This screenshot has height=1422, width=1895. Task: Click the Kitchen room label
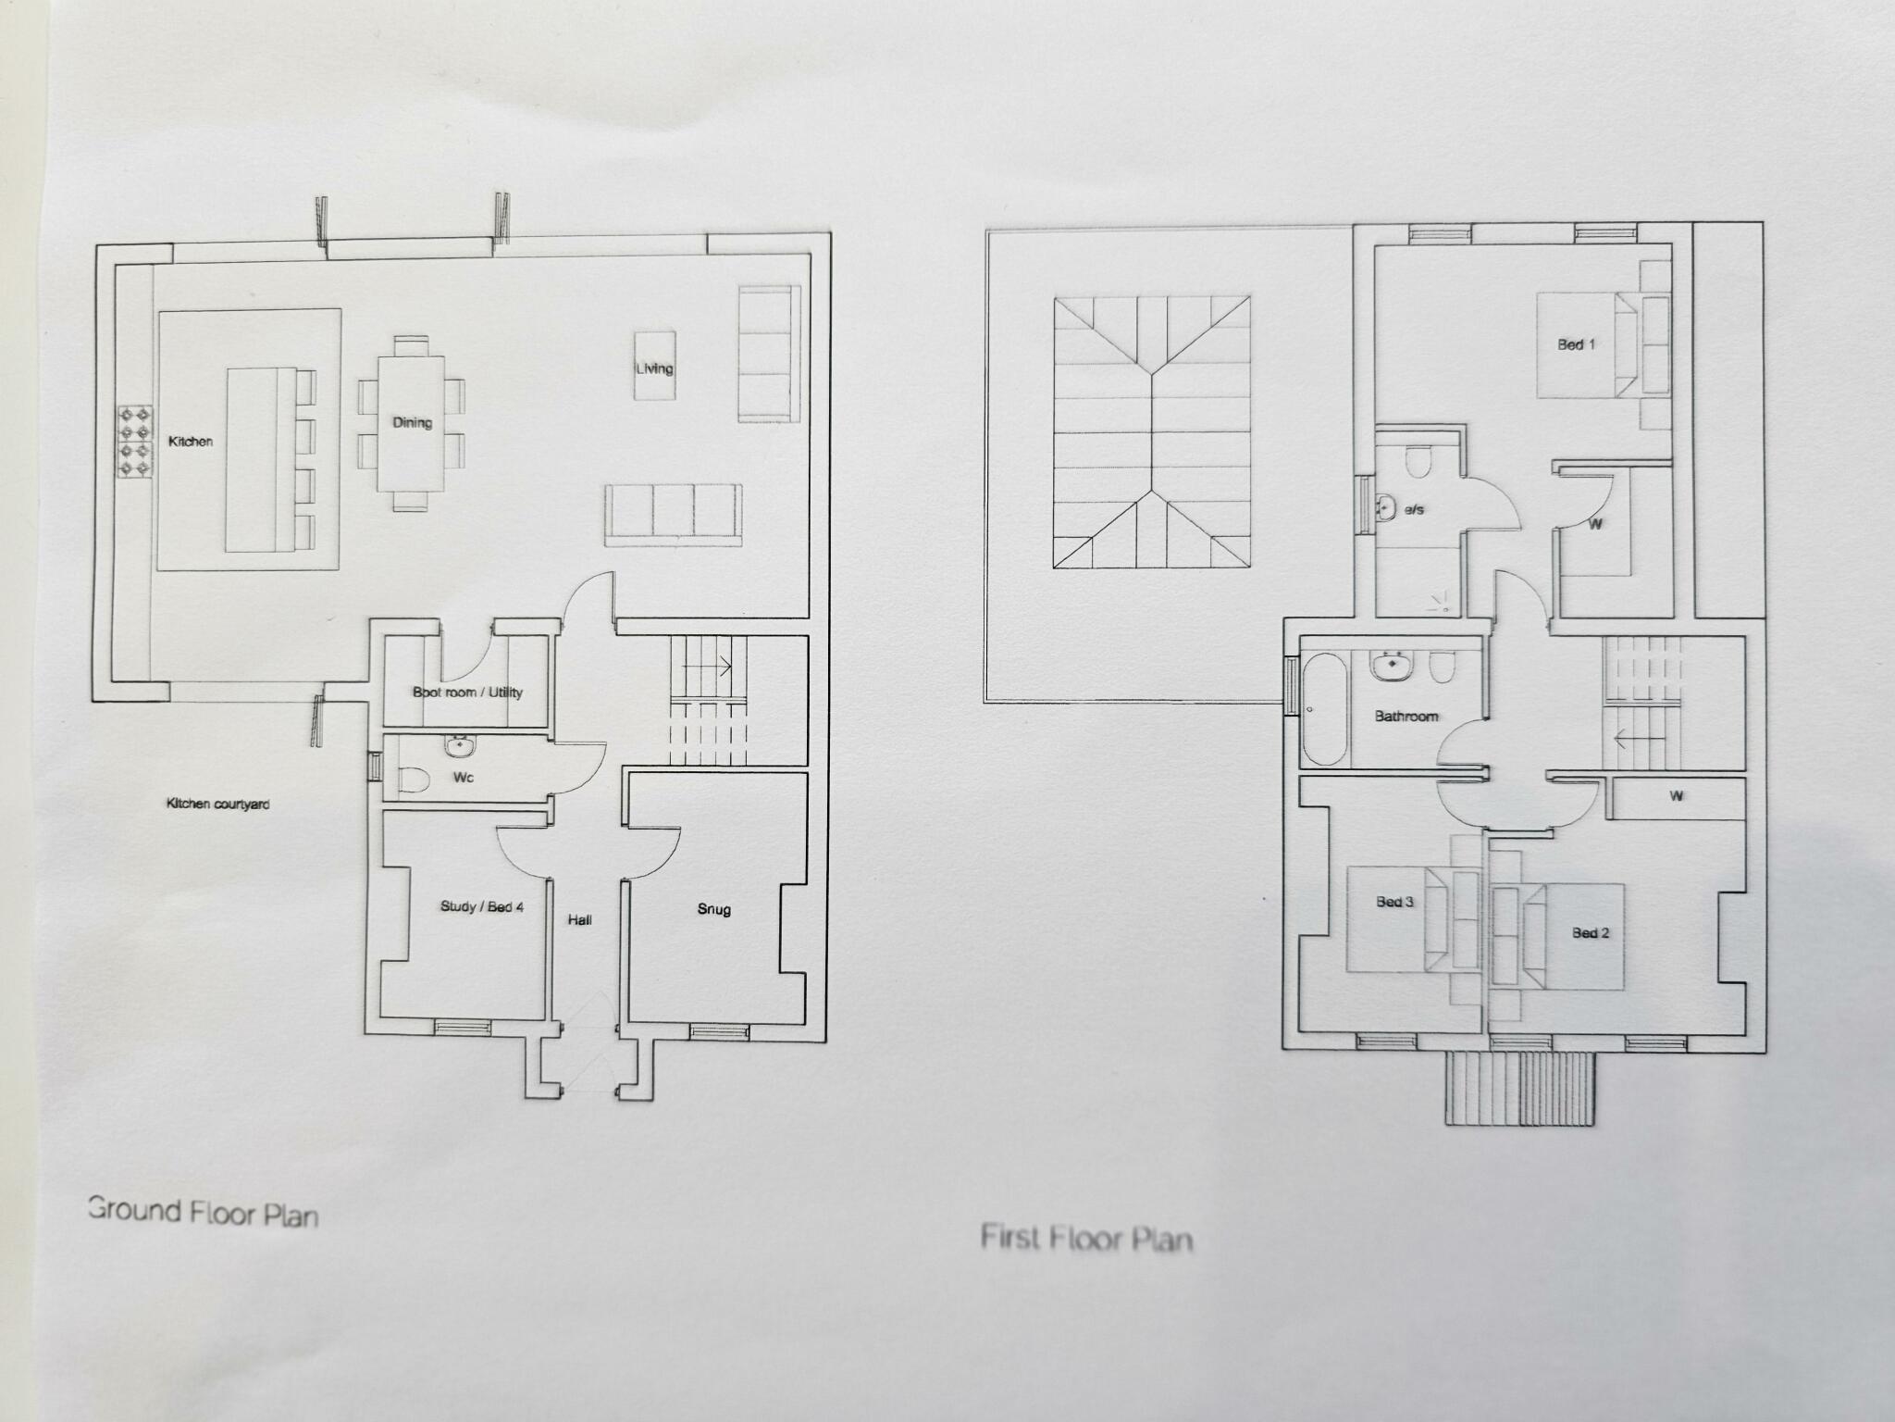pos(191,442)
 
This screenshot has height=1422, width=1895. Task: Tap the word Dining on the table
pos(412,422)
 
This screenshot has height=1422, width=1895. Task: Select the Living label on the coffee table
pos(654,368)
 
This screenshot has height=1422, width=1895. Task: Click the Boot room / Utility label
pos(467,692)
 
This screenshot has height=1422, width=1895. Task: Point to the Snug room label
pos(713,909)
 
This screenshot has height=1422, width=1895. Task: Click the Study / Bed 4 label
pos(481,906)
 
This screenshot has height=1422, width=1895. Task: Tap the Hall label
pos(580,919)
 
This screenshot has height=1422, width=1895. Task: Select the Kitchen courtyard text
pos(217,804)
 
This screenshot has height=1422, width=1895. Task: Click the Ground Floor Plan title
pos(203,1211)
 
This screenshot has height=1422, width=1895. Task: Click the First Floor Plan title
pos(1086,1238)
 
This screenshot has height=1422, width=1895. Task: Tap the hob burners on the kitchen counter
pos(134,443)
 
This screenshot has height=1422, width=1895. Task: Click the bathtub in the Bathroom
pos(1324,709)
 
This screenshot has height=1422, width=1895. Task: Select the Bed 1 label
pos(1576,344)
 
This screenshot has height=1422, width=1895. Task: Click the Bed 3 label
pos(1394,901)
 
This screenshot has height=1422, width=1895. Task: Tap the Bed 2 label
pos(1591,932)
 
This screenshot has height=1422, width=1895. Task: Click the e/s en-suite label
pos(1414,509)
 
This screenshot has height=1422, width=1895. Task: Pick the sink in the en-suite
pos(1385,506)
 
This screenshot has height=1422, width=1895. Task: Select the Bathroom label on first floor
pos(1406,716)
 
